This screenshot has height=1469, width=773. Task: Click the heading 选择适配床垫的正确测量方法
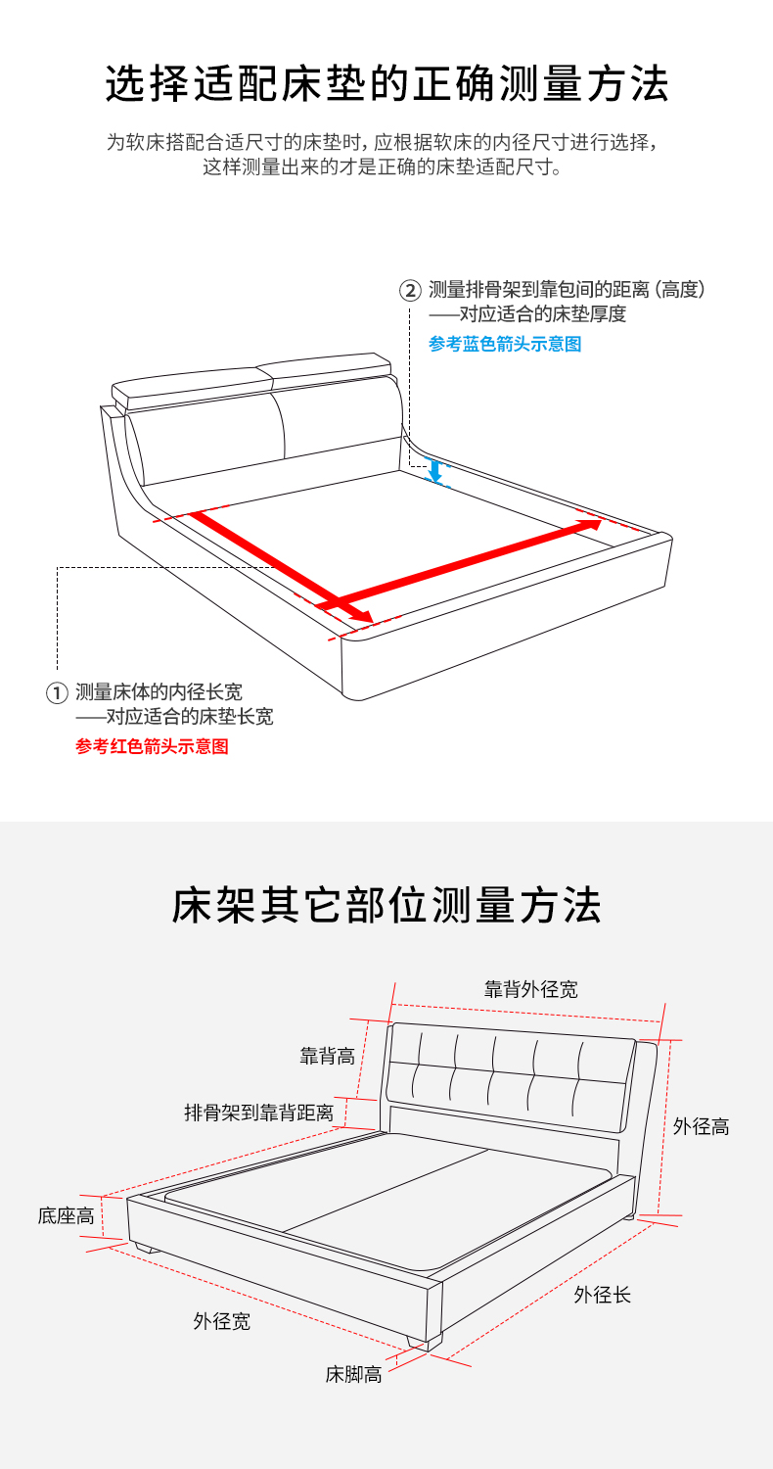point(386,84)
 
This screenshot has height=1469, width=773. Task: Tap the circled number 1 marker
point(57,692)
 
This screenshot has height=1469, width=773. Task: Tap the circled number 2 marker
point(410,290)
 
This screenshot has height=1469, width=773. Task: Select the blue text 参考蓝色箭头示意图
point(505,344)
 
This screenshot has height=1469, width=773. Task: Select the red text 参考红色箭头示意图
point(152,746)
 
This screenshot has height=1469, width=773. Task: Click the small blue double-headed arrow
point(434,470)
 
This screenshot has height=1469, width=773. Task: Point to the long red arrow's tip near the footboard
point(372,620)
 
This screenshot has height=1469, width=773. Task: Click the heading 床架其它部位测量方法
point(386,905)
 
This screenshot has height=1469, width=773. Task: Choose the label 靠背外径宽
point(531,989)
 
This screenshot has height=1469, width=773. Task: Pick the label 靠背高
point(328,1056)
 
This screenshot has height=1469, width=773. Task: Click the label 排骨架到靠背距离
point(258,1113)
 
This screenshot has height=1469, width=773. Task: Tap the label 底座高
point(67,1216)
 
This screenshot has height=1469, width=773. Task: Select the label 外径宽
point(222,1321)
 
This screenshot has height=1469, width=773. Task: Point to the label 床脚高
point(354,1375)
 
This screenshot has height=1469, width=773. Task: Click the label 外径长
point(602,1295)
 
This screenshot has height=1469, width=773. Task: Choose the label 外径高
point(701,1126)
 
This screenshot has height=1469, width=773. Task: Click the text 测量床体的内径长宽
point(159,691)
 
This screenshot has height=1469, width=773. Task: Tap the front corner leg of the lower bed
point(424,1341)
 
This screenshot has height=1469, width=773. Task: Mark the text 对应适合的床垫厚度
point(542,314)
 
